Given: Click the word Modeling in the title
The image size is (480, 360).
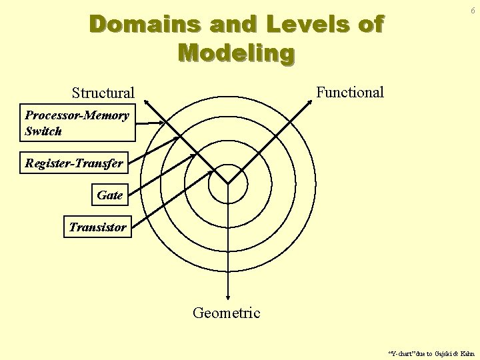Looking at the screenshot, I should coord(236,53).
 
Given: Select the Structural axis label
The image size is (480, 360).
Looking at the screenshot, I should coord(103,93).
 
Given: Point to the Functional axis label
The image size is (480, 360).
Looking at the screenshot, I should coord(350,92).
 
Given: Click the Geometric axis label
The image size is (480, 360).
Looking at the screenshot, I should coord(227,313).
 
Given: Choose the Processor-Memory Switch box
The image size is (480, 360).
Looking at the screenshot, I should coord(77,123).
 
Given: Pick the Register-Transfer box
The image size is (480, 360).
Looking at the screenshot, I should coord(74,163).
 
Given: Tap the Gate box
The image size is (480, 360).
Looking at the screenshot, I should coord(109,195).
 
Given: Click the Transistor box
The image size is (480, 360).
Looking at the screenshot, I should coord(97,227).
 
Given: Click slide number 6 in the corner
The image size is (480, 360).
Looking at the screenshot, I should coord(472,11).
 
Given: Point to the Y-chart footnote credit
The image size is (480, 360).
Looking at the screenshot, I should coord(431,353).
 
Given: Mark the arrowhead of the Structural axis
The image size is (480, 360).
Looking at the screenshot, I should coord(146,101).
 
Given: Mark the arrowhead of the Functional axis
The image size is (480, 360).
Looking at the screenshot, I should coord(311,101).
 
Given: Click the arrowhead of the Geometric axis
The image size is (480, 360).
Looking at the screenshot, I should coord(228,299).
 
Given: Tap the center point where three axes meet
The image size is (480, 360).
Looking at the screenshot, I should coord(228,183).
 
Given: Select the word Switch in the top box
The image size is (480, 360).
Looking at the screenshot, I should coord(43,131).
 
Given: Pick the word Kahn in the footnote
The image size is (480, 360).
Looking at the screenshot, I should coord(467,353).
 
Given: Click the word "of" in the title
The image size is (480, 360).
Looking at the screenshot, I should coord(371,25).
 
